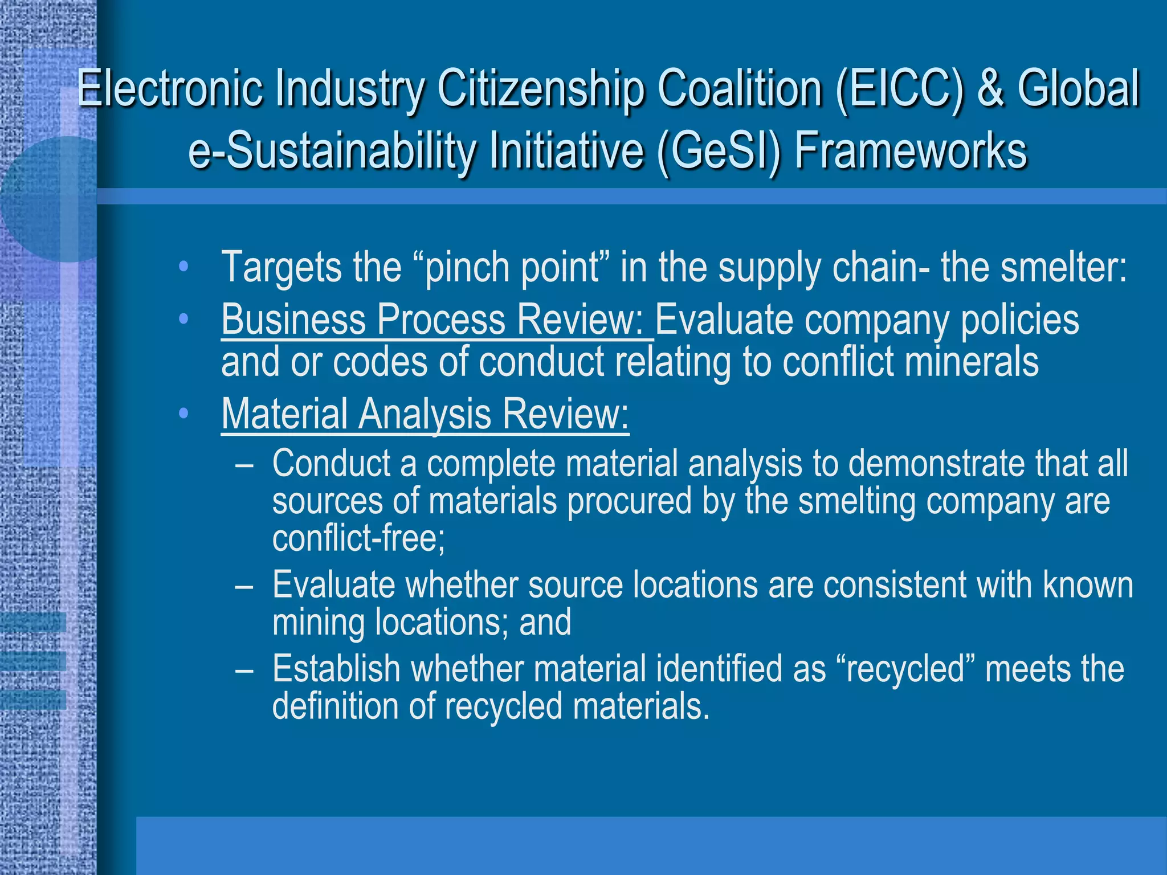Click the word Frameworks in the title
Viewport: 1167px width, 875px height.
[911, 151]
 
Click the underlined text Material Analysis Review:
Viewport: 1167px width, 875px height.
[425, 414]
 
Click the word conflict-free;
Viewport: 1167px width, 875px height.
[358, 538]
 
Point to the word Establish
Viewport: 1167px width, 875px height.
[336, 669]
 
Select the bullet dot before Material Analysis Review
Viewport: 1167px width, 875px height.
[183, 414]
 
